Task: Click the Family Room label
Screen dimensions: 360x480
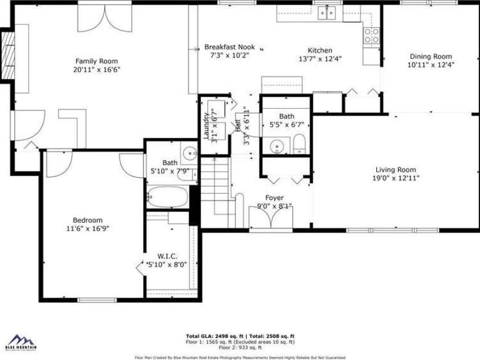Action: (97, 61)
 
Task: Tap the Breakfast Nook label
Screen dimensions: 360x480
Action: (229, 47)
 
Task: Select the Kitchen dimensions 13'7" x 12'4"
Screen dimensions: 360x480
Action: (320, 59)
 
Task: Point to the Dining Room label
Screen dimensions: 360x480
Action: (430, 56)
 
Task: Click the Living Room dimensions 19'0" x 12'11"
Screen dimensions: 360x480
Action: (395, 178)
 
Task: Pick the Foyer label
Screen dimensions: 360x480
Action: (274, 198)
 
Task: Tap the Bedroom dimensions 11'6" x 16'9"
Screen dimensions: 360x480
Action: (87, 229)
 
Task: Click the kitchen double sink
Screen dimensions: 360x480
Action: (327, 12)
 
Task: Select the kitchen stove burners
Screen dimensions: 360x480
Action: (372, 35)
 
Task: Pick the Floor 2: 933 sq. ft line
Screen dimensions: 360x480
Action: (240, 347)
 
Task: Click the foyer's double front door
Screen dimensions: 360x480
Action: (270, 219)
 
